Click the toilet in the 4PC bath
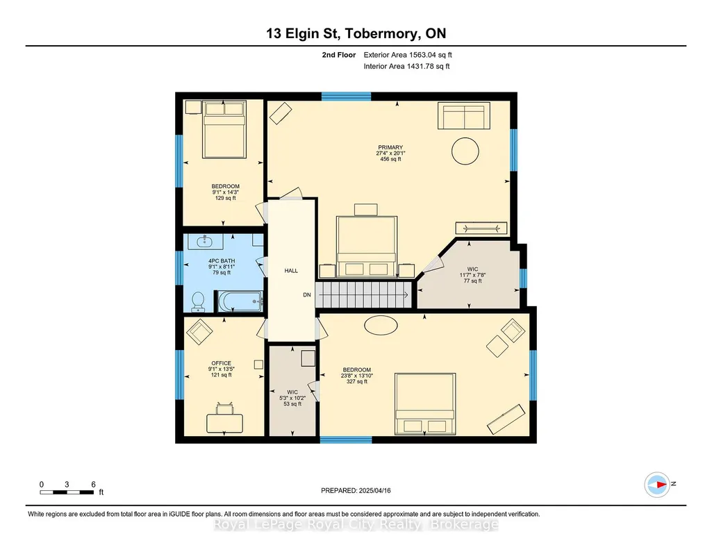coord(198,302)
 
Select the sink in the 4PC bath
coord(205,241)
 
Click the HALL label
coord(291,270)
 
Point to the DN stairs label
coord(307,294)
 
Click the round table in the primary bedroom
coord(465,151)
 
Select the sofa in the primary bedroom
coord(463,116)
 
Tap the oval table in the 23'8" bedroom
coord(381,326)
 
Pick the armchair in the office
coord(199,332)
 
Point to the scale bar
coord(67,492)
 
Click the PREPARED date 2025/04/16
coord(356,490)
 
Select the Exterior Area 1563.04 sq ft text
coord(408,55)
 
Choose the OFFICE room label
coord(221,363)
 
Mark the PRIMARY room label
coord(390,147)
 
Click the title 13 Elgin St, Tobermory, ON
coord(356,33)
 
